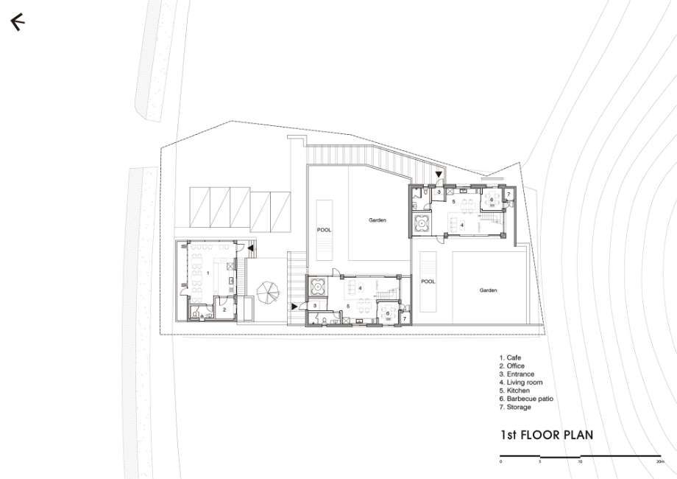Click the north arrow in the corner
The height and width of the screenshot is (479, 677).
click(x=17, y=21)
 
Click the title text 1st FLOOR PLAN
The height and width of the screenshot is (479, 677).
click(x=547, y=435)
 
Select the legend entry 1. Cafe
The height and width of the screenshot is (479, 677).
click(x=511, y=357)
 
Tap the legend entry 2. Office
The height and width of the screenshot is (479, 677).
click(x=512, y=366)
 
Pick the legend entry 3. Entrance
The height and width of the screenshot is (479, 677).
click(x=517, y=374)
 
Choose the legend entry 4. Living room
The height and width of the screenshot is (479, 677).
click(x=521, y=382)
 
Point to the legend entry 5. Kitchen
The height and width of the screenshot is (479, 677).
click(x=514, y=391)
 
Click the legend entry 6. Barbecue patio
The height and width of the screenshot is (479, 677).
click(x=526, y=399)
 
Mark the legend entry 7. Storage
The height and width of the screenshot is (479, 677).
click(x=515, y=407)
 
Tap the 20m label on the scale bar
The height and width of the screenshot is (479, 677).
click(x=660, y=462)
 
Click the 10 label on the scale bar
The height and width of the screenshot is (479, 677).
click(x=580, y=462)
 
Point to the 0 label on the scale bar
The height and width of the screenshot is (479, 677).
click(x=501, y=462)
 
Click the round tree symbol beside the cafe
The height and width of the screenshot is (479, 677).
click(x=268, y=293)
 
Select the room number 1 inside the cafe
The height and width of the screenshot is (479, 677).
click(x=208, y=273)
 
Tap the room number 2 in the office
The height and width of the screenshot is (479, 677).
click(x=224, y=310)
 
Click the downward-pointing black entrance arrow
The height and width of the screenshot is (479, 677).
click(x=439, y=175)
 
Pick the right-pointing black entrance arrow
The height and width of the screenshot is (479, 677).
click(x=295, y=307)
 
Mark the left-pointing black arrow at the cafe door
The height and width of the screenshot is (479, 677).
click(x=250, y=248)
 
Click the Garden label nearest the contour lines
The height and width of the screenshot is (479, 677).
click(x=488, y=290)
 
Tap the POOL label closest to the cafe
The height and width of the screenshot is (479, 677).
click(x=325, y=230)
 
